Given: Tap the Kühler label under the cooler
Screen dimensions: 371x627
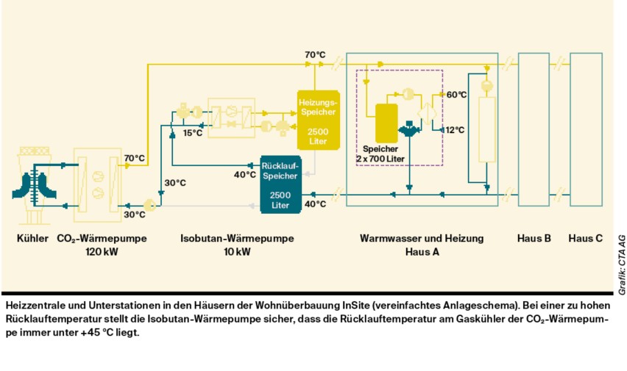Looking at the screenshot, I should coord(32,239).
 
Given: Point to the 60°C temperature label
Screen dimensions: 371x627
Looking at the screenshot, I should coord(456,95).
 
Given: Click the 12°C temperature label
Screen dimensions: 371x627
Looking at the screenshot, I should coord(455,129).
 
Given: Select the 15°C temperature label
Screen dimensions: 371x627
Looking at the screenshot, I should coord(193,133).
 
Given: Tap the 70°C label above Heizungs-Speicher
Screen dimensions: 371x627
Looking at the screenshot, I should coord(315,54).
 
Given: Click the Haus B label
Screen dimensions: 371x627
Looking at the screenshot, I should coord(534,239).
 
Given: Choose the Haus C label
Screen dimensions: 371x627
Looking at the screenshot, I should coord(586,239).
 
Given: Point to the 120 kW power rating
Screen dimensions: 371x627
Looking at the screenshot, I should coord(102,251).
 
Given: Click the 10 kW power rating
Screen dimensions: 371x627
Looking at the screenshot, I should coord(237,251).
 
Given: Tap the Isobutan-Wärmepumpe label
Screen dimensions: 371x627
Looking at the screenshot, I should coord(237,239).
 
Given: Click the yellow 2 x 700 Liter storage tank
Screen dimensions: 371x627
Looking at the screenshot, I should coord(386,123).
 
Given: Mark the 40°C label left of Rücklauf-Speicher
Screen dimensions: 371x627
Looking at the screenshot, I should coord(244,175).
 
